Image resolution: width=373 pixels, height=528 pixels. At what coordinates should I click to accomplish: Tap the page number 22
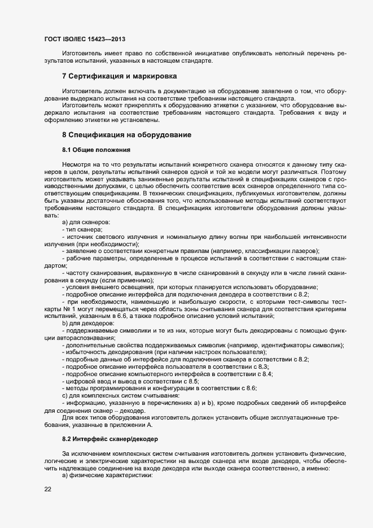[48, 489]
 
